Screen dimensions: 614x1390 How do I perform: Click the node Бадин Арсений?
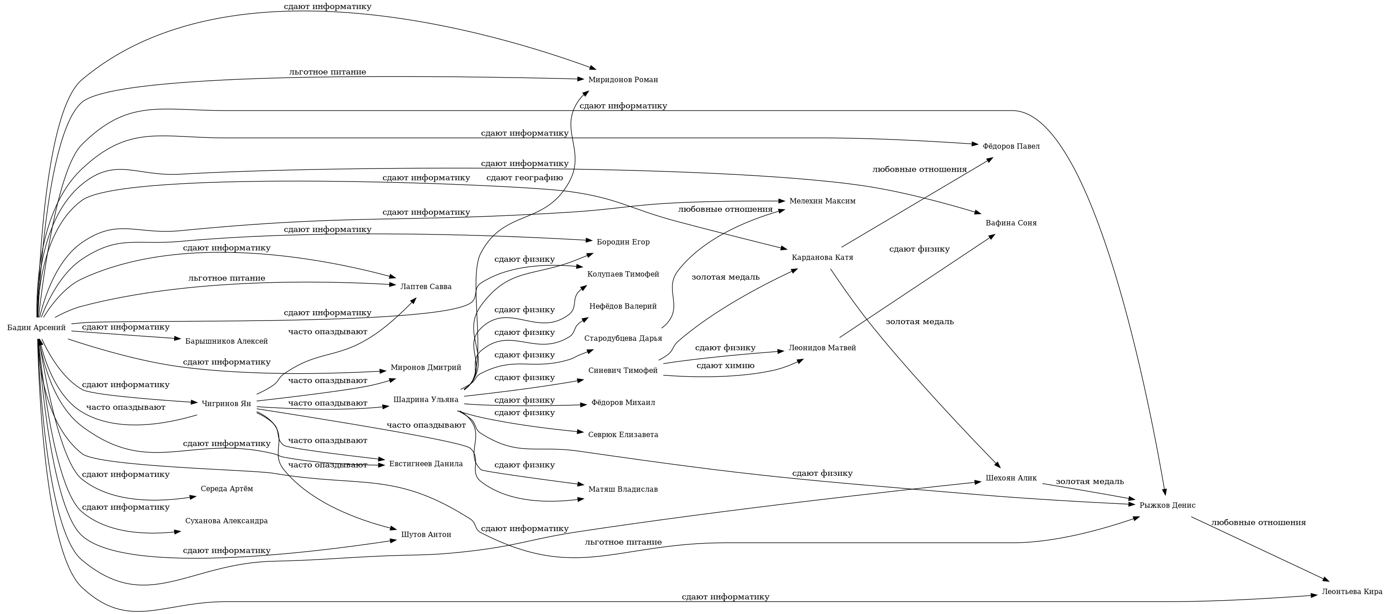tap(36, 327)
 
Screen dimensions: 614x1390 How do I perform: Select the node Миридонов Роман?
tap(623, 80)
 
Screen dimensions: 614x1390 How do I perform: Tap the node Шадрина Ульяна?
tap(426, 400)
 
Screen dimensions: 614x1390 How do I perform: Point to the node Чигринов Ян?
tap(226, 404)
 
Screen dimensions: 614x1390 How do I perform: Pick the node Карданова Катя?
tap(822, 258)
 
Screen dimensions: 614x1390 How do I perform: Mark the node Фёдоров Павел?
tap(1011, 146)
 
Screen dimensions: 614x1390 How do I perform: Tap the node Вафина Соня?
tap(1011, 223)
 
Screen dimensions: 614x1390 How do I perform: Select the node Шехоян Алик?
tap(1011, 478)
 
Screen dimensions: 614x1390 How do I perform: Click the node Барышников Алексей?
tap(226, 341)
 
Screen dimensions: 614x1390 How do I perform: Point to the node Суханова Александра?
tap(226, 521)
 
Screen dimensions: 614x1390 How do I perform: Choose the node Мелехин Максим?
tap(822, 202)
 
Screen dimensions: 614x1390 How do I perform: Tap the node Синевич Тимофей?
tap(623, 371)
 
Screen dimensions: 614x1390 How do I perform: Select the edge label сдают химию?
tap(725, 366)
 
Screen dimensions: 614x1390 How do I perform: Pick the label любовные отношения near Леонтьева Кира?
tap(1258, 522)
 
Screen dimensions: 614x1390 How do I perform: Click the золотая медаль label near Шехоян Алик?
tap(1089, 481)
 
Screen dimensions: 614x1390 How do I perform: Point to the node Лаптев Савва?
tap(426, 286)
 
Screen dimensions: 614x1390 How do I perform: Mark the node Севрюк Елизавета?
tap(623, 435)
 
